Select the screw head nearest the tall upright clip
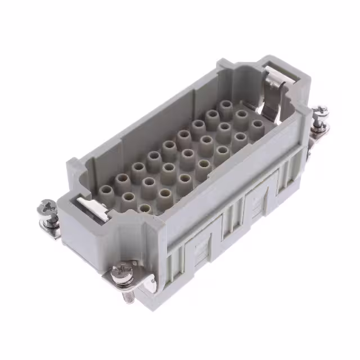tap(320, 111)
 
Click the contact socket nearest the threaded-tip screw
tap(145, 209)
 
